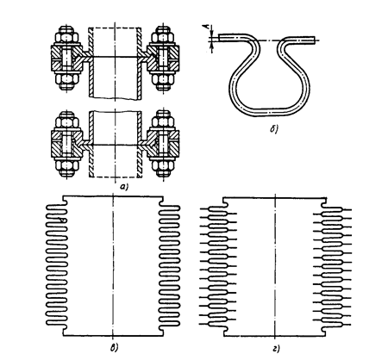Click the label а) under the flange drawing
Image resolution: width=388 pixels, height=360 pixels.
(124, 187)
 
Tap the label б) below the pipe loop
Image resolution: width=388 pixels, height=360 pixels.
(274, 130)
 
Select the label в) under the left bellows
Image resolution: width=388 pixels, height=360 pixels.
(114, 348)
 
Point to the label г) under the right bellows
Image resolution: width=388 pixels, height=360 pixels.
(276, 349)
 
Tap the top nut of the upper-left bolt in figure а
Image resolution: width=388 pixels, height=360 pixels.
(68, 37)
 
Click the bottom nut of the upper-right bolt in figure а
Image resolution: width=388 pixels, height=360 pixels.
(163, 81)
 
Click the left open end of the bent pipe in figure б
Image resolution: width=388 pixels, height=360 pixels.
(220, 38)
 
